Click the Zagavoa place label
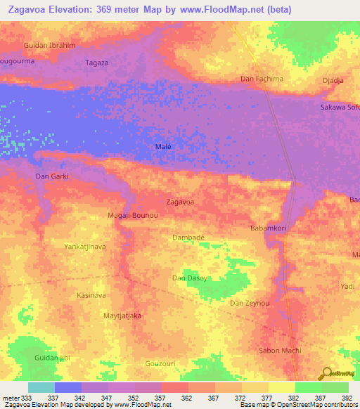coord(180,202)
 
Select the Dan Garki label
coord(52,176)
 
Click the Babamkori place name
coord(270,228)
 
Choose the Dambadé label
coord(188,238)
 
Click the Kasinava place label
coord(91,296)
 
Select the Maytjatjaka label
coord(122,316)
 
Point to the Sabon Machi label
coord(281,350)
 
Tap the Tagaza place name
coord(97,62)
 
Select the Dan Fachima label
coord(262,79)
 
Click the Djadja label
coord(333,81)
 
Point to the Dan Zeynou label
coord(250,303)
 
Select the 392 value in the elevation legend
coord(347,397)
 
